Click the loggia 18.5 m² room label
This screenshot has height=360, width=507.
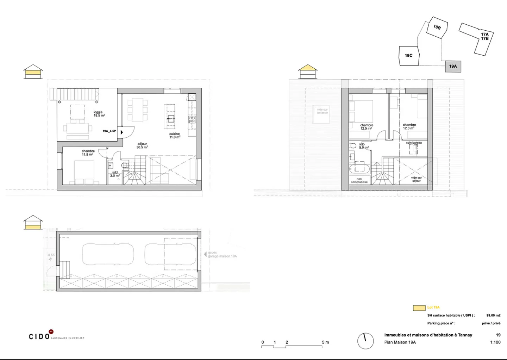pos(99,114)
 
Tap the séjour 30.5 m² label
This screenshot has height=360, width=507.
pos(142,145)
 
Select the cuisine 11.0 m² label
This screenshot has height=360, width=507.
pos(175,135)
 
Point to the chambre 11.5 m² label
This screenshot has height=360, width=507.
pos(88,153)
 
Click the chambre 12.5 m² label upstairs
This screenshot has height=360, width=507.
pos(367,127)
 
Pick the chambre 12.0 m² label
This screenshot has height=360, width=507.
pos(409,126)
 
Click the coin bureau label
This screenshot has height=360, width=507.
pos(414,143)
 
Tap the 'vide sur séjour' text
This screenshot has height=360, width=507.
pos(416,179)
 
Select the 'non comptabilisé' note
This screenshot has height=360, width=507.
pos(359,180)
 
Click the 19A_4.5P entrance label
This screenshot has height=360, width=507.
pos(109,131)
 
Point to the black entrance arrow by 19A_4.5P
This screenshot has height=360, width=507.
pos(122,132)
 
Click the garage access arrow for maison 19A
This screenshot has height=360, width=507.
pos(205,254)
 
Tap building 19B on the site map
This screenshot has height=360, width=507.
pos(437,27)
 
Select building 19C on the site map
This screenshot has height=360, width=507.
pos(408,56)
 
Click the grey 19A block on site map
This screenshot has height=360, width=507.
pos(453,66)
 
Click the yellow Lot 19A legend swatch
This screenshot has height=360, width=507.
pos(419,308)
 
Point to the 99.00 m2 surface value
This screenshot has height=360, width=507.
pos(493,316)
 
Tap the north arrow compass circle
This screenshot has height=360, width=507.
pos(365,341)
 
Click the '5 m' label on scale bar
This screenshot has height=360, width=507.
pos(325,342)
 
